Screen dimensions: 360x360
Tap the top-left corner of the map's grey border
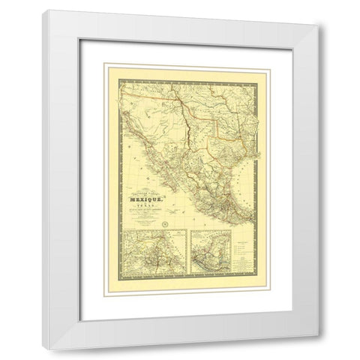coord(121,77)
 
